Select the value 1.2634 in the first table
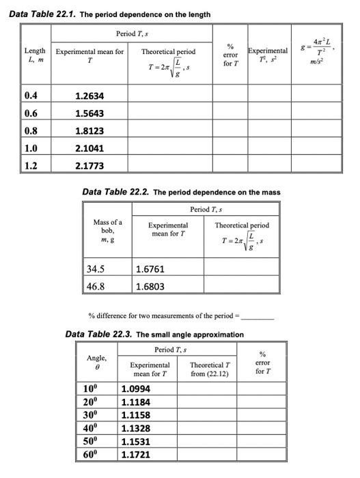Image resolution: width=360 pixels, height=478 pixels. point(89,96)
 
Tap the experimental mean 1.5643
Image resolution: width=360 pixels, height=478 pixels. point(89,113)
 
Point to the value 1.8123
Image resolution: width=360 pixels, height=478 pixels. point(89,130)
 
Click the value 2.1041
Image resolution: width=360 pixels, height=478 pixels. point(89,147)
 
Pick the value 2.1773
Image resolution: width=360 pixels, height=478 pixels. point(89,165)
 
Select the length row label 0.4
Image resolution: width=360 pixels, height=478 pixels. point(31,96)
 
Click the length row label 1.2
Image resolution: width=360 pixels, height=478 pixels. point(31,165)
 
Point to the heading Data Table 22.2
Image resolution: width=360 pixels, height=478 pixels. point(116,192)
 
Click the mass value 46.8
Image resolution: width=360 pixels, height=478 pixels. point(97,286)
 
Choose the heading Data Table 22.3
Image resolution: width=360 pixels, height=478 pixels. point(98,334)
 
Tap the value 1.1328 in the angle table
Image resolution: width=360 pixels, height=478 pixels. point(135,428)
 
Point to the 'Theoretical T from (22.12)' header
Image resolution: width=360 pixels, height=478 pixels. point(210,369)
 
